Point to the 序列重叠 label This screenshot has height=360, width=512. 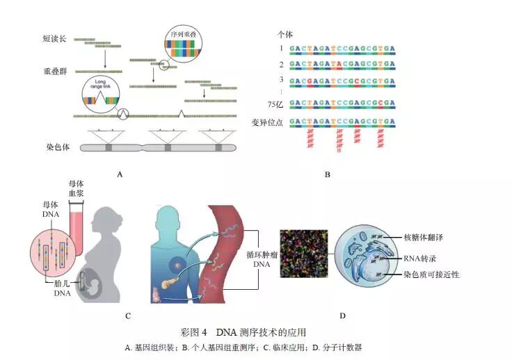click(x=183, y=33)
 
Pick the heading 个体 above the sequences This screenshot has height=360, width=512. click(x=285, y=33)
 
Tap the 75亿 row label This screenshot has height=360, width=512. click(x=278, y=104)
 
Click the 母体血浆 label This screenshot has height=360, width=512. click(x=76, y=188)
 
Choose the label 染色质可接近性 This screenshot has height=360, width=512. click(x=431, y=275)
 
